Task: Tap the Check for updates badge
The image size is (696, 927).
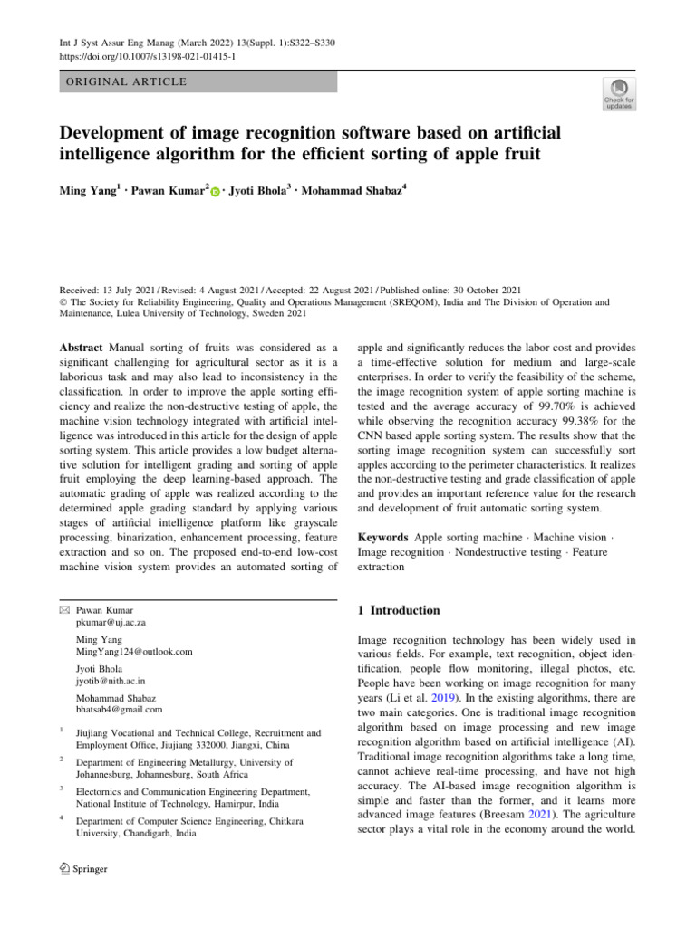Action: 620,93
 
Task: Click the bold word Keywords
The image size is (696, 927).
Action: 383,537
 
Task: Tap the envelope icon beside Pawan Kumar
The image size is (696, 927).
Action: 63,611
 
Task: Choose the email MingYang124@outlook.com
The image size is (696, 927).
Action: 134,651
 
